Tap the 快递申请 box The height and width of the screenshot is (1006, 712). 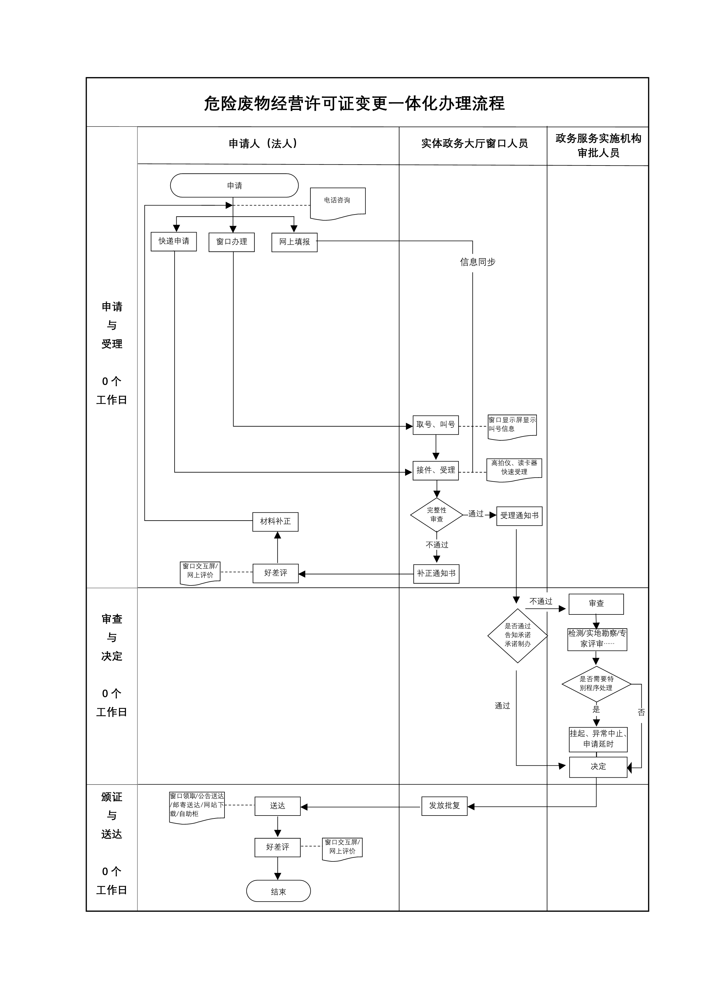174,242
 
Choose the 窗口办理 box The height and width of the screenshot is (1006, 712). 231,242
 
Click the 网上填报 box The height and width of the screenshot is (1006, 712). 294,242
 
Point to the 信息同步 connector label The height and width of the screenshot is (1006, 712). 477,262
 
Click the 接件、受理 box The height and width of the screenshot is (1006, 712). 435,470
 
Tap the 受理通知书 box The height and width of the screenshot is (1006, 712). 519,516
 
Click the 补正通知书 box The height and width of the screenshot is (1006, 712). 436,573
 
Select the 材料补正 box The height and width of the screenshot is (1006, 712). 275,522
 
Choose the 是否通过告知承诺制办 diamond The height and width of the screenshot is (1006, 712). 517,635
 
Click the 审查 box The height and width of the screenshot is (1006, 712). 596,604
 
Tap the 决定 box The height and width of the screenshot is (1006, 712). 598,766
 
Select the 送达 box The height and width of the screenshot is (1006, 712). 278,806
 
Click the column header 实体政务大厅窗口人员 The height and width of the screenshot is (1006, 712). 474,144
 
